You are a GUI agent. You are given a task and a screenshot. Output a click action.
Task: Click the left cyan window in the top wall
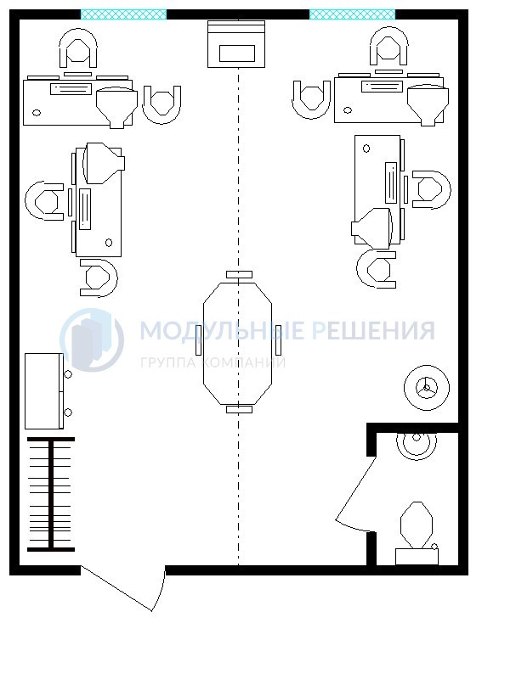click(x=123, y=14)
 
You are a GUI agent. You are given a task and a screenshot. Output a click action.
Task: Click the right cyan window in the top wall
click(x=352, y=14)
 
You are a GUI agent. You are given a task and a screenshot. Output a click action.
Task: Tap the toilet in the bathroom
click(x=417, y=533)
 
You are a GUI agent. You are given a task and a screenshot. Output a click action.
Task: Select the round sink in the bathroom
click(x=417, y=445)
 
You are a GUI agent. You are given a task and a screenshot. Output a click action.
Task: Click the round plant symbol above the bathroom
click(x=427, y=387)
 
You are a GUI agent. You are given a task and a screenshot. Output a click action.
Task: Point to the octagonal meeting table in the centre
click(x=238, y=343)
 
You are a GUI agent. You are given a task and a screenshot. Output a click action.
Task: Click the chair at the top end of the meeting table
click(x=239, y=274)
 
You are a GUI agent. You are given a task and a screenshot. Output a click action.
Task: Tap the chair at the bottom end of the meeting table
click(x=239, y=409)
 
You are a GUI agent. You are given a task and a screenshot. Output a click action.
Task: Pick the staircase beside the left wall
click(x=51, y=494)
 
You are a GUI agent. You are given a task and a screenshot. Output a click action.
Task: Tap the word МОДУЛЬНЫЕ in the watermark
click(x=222, y=330)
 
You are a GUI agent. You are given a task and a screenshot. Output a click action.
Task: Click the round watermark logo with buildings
click(x=92, y=340)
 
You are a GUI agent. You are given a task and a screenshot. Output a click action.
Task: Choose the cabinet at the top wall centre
click(x=236, y=44)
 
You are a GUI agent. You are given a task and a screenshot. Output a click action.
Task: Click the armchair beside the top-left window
click(x=78, y=48)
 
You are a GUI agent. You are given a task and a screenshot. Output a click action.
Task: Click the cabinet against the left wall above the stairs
click(x=44, y=391)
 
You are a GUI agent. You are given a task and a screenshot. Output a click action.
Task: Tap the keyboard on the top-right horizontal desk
click(x=382, y=87)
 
